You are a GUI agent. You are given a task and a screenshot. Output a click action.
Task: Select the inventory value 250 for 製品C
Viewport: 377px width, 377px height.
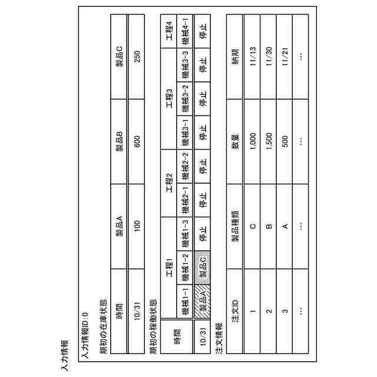tap(137, 55)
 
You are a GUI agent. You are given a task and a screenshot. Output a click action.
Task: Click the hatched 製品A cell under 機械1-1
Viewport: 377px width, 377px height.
tap(203, 293)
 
